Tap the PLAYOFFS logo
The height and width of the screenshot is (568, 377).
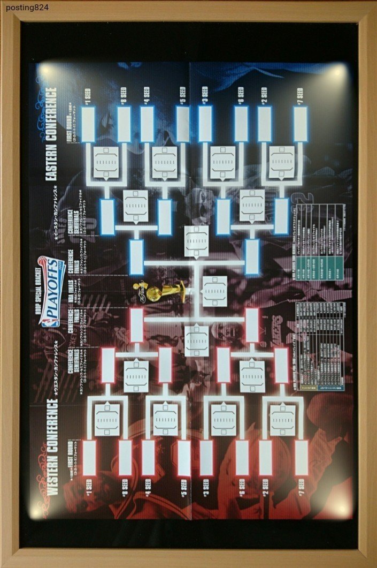(52, 292)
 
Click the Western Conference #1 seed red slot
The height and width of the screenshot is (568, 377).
(89, 458)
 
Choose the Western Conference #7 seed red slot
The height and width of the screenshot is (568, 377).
(301, 458)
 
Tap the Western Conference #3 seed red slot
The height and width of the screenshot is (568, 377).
(206, 458)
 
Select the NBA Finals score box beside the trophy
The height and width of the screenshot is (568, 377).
(214, 292)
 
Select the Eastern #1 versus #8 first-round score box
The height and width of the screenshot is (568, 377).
(106, 162)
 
